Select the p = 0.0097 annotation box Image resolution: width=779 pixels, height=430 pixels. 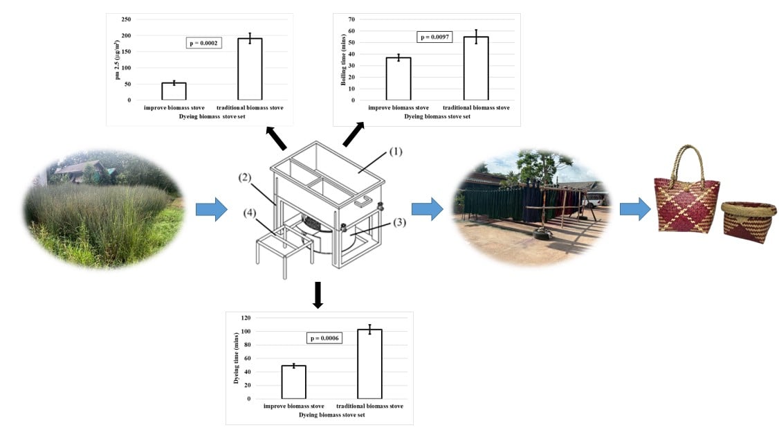(434, 37)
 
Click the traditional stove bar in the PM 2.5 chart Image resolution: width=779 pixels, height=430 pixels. (250, 69)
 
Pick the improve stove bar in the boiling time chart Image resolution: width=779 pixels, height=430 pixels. (398, 78)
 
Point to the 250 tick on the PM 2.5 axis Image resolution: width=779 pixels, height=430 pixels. (126, 19)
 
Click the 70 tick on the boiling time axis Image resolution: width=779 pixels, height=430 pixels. (351, 19)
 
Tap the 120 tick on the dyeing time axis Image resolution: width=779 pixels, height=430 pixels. (245, 318)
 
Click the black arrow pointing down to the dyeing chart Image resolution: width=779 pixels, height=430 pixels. (318, 294)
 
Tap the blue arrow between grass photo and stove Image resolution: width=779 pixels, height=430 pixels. (211, 208)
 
